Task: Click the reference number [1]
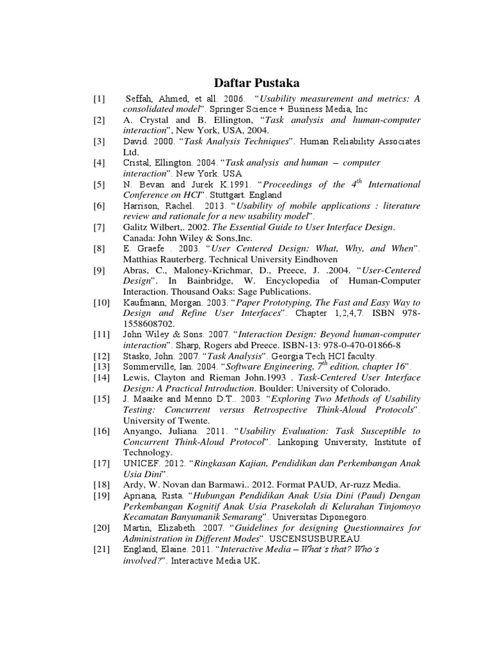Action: (99, 99)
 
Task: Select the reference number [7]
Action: (99, 227)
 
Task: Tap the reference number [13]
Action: (101, 366)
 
